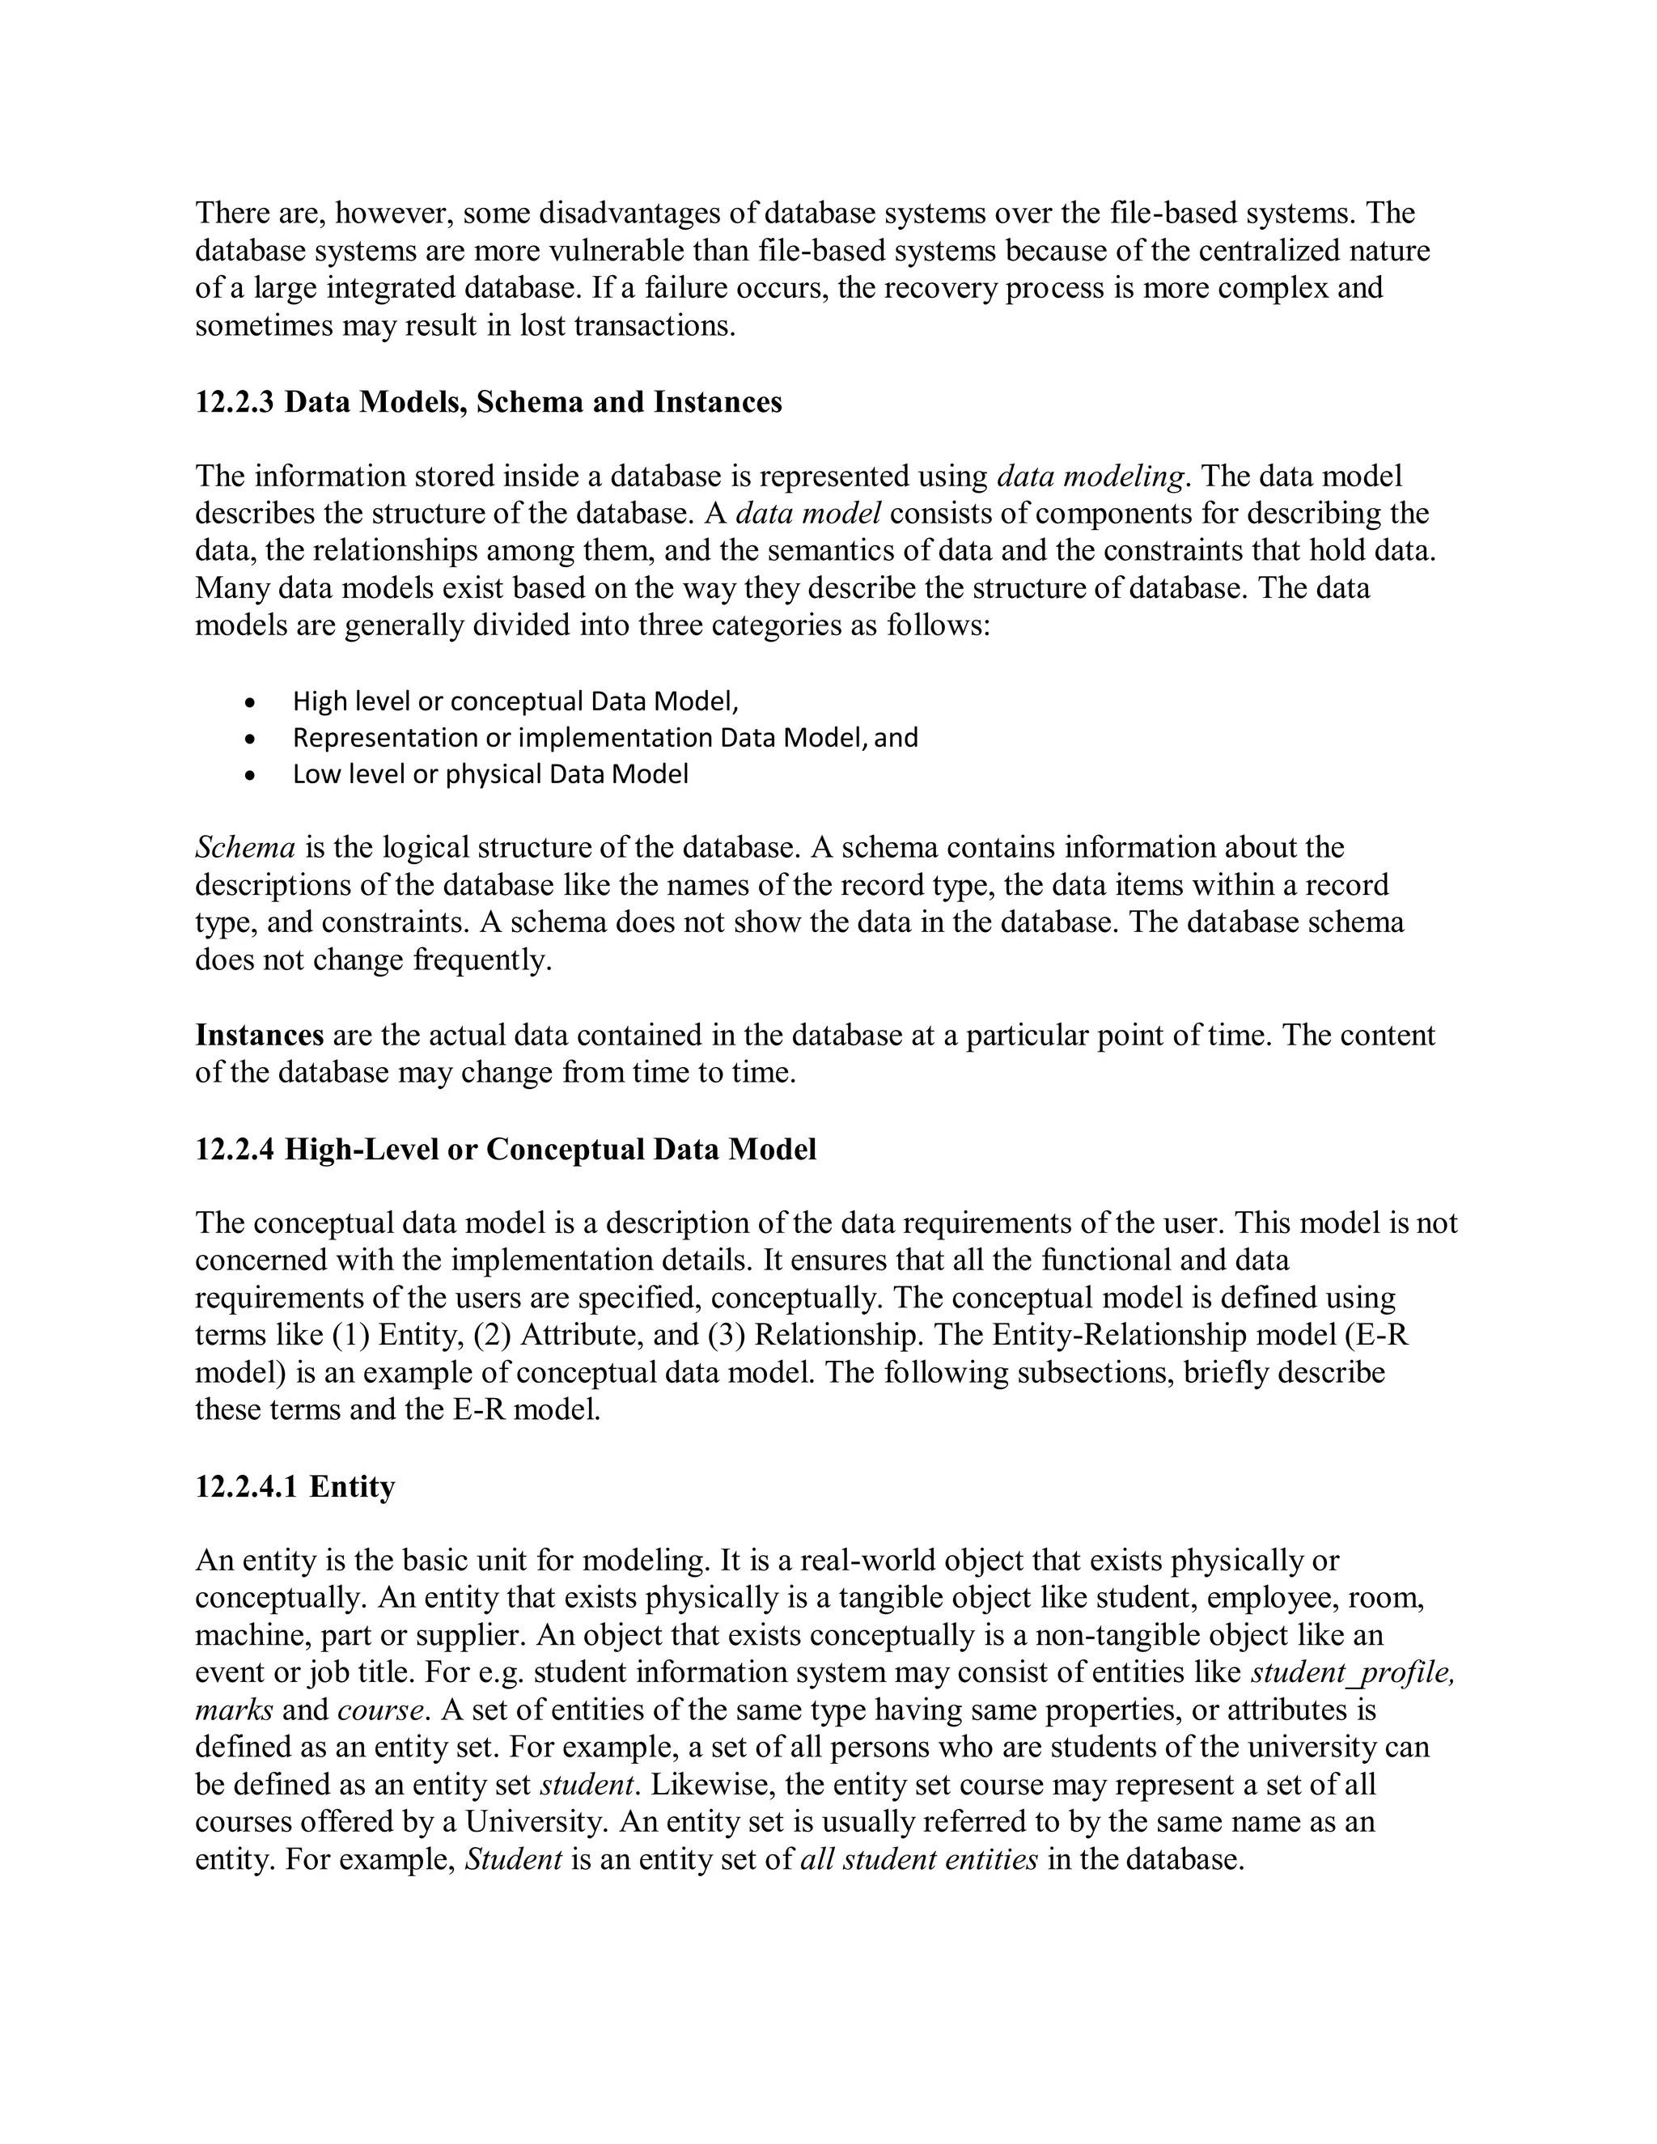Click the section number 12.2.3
(x=235, y=402)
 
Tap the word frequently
(x=483, y=960)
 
